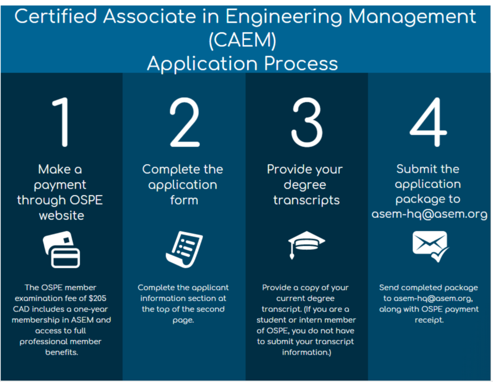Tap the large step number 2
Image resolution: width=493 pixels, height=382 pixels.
(x=184, y=122)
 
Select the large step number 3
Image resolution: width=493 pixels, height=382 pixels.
(x=307, y=122)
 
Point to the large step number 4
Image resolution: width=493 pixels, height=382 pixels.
(x=428, y=122)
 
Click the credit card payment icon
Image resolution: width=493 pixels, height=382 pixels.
(x=62, y=249)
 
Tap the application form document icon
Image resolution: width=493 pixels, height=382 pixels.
(x=184, y=249)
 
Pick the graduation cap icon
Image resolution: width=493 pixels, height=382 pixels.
(x=307, y=245)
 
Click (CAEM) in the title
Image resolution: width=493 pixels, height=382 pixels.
(x=243, y=40)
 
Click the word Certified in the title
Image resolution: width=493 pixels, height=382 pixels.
(x=56, y=16)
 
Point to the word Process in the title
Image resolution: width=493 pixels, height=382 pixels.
(x=301, y=64)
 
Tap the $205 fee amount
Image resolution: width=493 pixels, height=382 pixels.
(x=97, y=298)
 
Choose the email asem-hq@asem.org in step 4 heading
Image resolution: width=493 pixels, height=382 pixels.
(x=429, y=214)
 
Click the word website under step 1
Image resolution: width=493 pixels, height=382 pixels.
(x=62, y=216)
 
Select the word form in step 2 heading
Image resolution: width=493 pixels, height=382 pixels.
(x=184, y=200)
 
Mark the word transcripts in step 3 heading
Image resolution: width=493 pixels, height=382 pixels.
(x=307, y=201)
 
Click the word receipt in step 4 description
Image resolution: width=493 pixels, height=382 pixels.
(x=429, y=320)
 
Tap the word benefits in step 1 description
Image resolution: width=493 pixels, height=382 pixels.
(x=62, y=352)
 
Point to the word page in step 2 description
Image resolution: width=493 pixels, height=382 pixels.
(x=183, y=320)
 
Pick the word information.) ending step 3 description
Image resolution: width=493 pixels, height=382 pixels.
(x=307, y=352)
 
